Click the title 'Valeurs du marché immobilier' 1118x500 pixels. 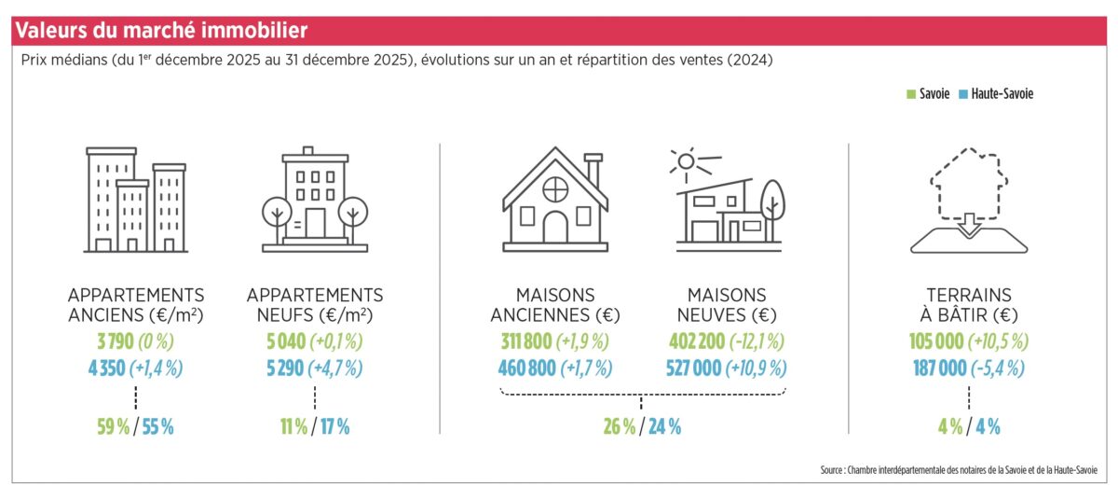(161, 31)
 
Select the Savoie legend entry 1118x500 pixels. (928, 94)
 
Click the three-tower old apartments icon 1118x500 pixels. (136, 200)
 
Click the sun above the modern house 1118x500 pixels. (686, 161)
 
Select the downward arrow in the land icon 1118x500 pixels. (969, 225)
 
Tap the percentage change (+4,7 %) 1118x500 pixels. (337, 368)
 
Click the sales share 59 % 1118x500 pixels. (115, 427)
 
